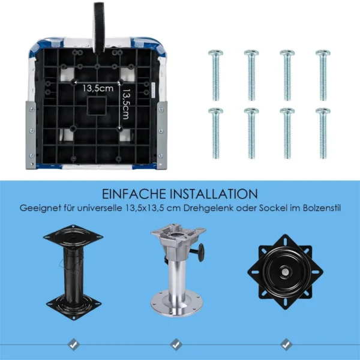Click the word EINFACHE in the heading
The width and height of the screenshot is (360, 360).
pyautogui.click(x=134, y=194)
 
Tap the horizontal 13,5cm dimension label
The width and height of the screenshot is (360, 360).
pyautogui.click(x=98, y=88)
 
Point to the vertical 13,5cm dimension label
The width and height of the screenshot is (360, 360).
pyautogui.click(x=126, y=104)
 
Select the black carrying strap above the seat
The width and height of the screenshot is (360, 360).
pyautogui.click(x=99, y=28)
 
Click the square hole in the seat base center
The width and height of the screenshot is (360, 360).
pyautogui.click(x=97, y=106)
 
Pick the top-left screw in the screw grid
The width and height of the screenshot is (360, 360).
pyautogui.click(x=215, y=76)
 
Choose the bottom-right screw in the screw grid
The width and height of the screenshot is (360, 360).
pyautogui.click(x=323, y=133)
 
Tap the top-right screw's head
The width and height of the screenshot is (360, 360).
pyautogui.click(x=323, y=53)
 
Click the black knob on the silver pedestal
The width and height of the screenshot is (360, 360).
pyautogui.click(x=202, y=253)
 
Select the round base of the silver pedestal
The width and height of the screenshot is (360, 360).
pyautogui.click(x=177, y=303)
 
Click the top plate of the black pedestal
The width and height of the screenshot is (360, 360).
pyautogui.click(x=73, y=237)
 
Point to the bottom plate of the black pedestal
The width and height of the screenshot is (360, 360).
pyautogui.click(x=74, y=307)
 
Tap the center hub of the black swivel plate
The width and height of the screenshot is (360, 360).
pyautogui.click(x=285, y=272)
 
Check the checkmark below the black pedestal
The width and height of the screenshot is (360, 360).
pyautogui.click(x=73, y=344)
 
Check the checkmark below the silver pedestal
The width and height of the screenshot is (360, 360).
pyautogui.click(x=176, y=344)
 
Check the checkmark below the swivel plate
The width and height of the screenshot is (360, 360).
pyautogui.click(x=286, y=344)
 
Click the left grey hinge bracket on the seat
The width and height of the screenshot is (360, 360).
pyautogui.click(x=31, y=135)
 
